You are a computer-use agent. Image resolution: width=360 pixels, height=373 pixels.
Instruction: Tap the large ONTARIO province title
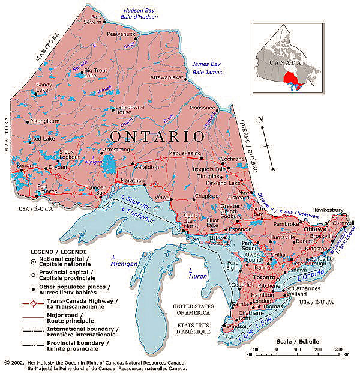155,135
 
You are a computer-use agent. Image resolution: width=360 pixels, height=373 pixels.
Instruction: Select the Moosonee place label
202,108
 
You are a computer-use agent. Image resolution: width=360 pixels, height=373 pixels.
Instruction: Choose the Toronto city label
264,277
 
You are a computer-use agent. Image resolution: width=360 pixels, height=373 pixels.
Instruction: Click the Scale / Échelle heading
298,341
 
